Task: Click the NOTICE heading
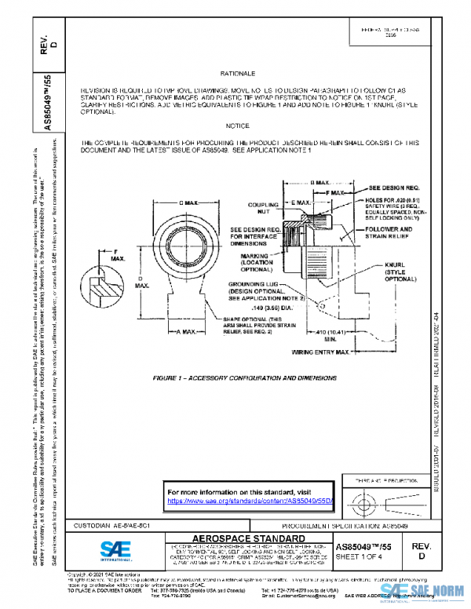tap(237, 126)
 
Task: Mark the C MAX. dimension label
tap(185, 203)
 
